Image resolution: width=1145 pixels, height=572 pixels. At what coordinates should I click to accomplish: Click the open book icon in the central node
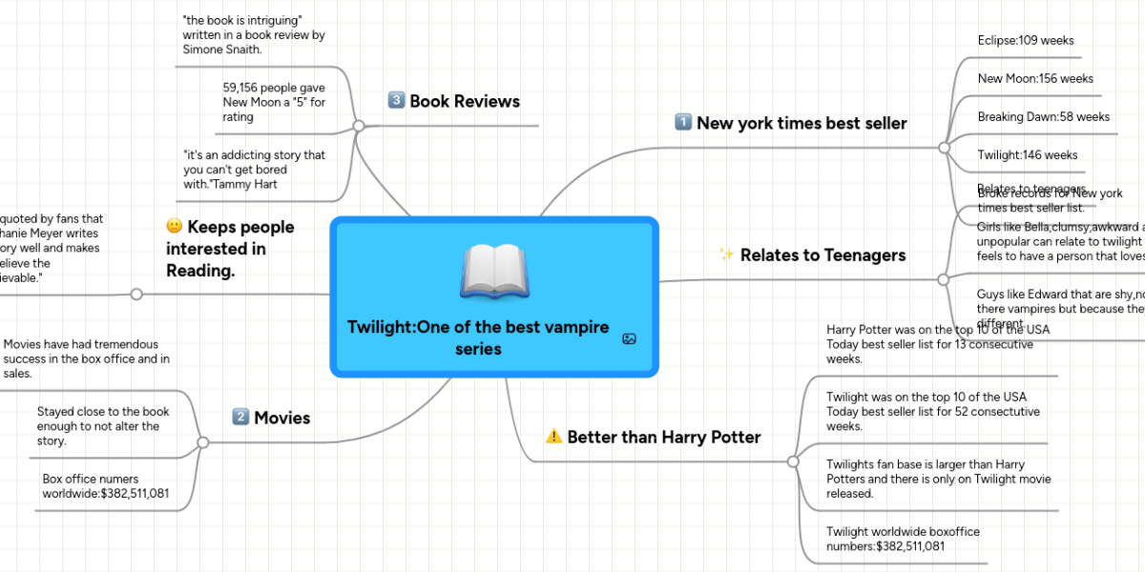[x=494, y=272]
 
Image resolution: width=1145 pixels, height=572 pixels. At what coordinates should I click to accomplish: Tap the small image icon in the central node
[x=629, y=338]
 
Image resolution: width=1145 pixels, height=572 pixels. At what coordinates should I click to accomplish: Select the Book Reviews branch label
[x=464, y=101]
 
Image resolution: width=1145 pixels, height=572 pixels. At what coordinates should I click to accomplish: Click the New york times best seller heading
[x=801, y=123]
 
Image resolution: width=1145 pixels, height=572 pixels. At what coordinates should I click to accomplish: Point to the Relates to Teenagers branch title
[x=822, y=255]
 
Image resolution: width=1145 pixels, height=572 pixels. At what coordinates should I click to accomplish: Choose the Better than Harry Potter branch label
[x=663, y=438]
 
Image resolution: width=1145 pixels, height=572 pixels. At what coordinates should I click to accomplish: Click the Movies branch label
[x=281, y=418]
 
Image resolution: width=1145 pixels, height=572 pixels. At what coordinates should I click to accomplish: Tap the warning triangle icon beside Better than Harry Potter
[x=553, y=437]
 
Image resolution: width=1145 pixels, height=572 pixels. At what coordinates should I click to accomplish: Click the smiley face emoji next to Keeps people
[x=175, y=227]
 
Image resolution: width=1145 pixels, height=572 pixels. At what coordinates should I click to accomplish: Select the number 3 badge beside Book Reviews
[x=397, y=100]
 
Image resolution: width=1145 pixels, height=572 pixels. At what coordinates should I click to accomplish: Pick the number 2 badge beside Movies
[x=240, y=417]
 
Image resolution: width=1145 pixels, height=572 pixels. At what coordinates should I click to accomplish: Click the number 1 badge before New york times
[x=683, y=122]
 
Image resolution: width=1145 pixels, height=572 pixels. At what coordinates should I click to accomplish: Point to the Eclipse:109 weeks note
[x=1026, y=40]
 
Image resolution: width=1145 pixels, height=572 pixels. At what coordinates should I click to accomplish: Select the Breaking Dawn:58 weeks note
[x=1043, y=116]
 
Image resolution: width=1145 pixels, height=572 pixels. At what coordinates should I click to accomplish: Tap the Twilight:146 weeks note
[x=1028, y=154]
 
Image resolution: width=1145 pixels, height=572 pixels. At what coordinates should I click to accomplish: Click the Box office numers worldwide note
[x=105, y=486]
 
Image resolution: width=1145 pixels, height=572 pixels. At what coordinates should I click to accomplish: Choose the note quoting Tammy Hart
[x=254, y=169]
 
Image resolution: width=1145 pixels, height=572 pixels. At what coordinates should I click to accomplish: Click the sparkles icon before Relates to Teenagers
[x=726, y=255]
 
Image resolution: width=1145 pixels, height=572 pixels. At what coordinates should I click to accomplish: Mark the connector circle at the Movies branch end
[x=202, y=442]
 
